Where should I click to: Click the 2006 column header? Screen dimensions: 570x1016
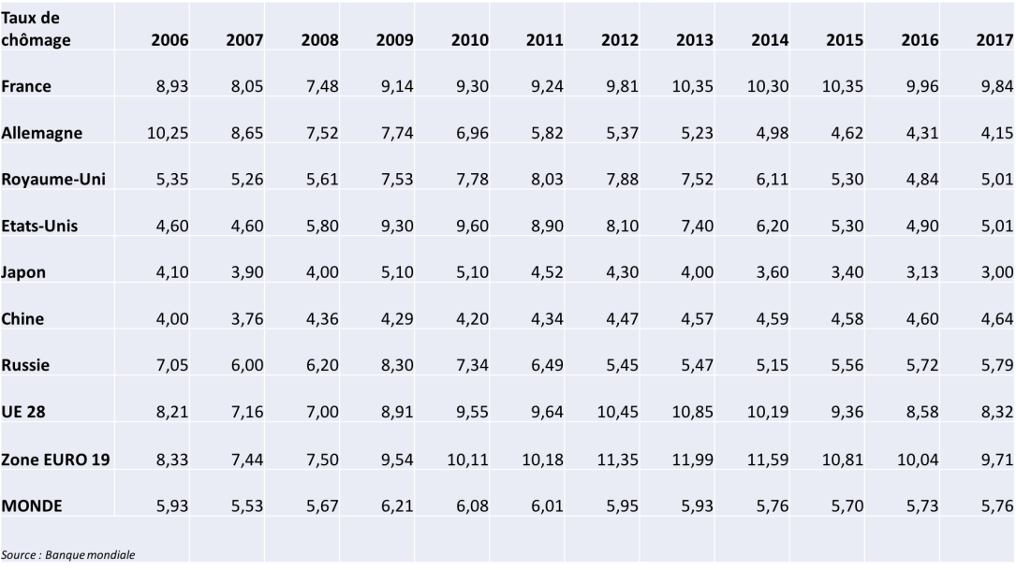point(169,40)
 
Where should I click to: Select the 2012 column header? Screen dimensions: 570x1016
point(620,40)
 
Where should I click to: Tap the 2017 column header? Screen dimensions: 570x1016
point(994,40)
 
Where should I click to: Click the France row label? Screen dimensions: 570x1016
point(26,86)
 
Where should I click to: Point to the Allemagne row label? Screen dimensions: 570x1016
point(41,133)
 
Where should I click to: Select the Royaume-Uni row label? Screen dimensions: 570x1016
point(52,180)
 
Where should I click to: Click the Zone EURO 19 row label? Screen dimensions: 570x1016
point(55,459)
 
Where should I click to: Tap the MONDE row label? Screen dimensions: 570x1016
point(32,505)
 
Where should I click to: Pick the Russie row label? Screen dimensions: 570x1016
point(25,365)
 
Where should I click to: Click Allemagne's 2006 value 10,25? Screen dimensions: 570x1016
point(168,133)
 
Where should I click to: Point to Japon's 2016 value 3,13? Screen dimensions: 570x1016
point(921,272)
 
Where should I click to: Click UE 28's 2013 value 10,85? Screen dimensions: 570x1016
point(692,412)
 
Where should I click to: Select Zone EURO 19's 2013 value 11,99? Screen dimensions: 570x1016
point(692,459)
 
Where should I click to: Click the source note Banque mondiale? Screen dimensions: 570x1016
point(68,555)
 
